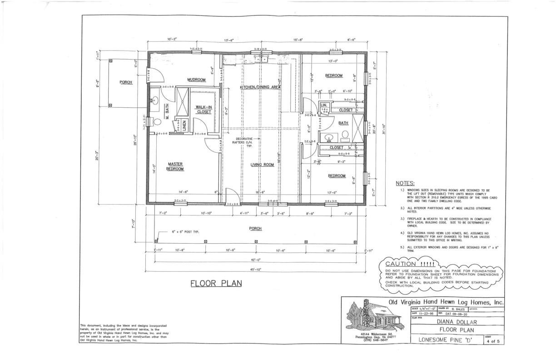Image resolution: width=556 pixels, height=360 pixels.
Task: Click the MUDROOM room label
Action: click(196, 80)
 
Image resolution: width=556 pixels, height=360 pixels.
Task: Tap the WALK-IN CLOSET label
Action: click(204, 110)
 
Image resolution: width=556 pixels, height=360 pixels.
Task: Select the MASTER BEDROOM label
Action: click(175, 167)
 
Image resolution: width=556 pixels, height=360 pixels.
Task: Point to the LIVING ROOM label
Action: click(262, 165)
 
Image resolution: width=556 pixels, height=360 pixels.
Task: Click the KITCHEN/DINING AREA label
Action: click(260, 87)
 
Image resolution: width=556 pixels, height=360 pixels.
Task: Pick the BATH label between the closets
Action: click(343, 123)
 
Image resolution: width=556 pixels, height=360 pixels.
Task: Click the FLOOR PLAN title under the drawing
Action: click(216, 283)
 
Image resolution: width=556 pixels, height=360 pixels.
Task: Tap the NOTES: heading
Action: click(405, 183)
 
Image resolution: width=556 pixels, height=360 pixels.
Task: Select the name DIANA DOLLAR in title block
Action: click(457, 322)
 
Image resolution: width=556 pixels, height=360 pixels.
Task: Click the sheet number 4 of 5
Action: click(492, 341)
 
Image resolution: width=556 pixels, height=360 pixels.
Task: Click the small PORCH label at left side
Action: click(126, 82)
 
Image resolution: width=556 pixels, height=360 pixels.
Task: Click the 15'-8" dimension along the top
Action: click(298, 40)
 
